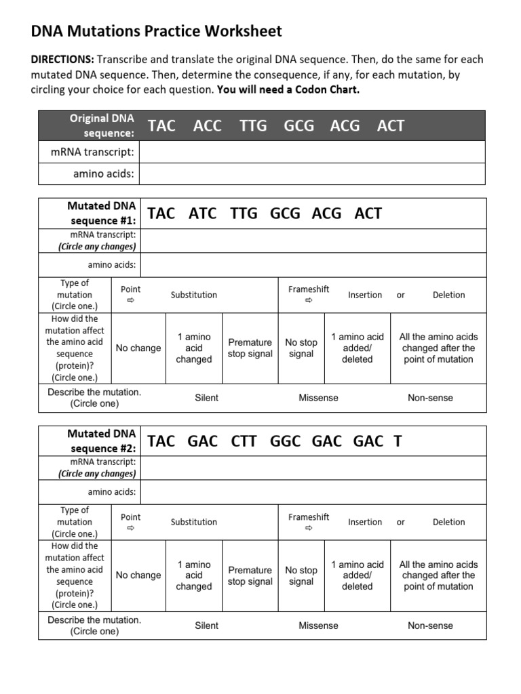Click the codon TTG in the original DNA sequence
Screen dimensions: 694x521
[x=253, y=125]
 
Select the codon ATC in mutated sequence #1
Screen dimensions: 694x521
[x=202, y=213]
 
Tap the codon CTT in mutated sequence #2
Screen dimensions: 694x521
[x=244, y=441]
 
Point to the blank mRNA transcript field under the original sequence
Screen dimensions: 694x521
[x=312, y=152]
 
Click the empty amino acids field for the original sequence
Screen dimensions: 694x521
[x=312, y=173]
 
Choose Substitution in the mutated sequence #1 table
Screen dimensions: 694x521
[x=194, y=295]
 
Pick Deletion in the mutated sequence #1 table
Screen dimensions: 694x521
[x=449, y=295]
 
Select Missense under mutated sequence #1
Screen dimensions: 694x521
[x=318, y=398]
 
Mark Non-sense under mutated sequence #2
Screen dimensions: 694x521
[x=430, y=626]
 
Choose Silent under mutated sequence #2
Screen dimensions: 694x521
[x=207, y=626]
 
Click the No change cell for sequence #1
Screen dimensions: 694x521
[x=138, y=348]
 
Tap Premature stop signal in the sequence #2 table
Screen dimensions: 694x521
[x=250, y=575]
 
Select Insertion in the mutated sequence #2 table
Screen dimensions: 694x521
[x=365, y=522]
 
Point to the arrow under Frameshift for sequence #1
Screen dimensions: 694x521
[x=309, y=300]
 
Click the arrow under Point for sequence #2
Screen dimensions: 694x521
[x=131, y=528]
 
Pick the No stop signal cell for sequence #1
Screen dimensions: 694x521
[x=301, y=348]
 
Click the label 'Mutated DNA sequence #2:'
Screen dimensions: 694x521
[x=102, y=441]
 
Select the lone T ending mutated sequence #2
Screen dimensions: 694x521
[x=398, y=441]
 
